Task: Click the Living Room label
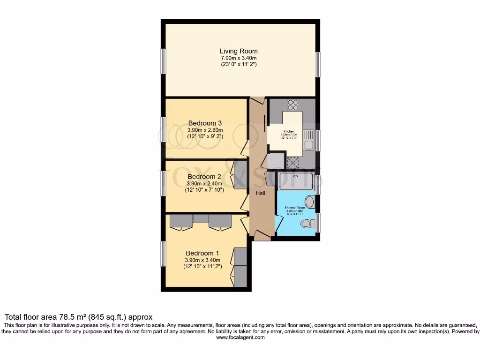tap(239, 51)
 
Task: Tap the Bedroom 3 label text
tap(205, 123)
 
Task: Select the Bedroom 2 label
tap(204, 177)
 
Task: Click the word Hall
tap(261, 193)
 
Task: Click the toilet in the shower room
tap(307, 224)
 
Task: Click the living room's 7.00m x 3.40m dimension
tap(239, 58)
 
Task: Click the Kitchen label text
tap(289, 131)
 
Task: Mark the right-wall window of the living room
tap(317, 64)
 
